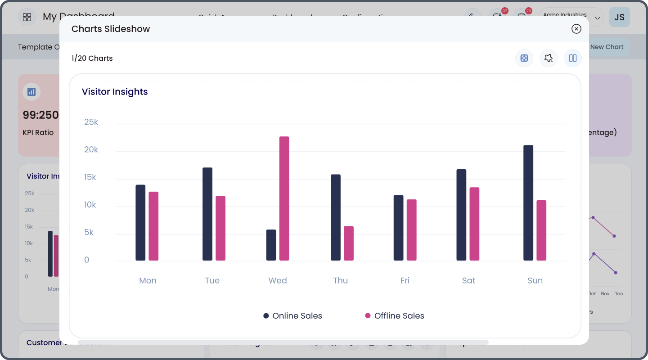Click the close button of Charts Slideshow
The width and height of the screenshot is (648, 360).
(x=576, y=29)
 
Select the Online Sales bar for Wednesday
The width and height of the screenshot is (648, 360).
(x=271, y=245)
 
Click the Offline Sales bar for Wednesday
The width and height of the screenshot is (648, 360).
(x=284, y=198)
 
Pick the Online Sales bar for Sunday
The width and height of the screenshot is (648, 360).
(x=528, y=203)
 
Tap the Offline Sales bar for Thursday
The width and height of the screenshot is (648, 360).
(x=349, y=243)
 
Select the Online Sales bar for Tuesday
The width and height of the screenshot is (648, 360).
(x=207, y=214)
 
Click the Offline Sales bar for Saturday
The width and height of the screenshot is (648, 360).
(x=474, y=224)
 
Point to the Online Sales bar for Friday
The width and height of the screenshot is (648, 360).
(x=398, y=228)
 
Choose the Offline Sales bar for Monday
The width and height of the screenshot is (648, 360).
(x=153, y=226)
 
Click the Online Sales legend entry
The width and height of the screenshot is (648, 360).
(x=293, y=316)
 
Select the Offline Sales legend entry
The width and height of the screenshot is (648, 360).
(x=395, y=316)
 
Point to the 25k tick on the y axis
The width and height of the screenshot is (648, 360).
(x=91, y=122)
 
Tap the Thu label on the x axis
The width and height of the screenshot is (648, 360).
(x=341, y=280)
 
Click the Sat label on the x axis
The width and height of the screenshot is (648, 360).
(x=468, y=280)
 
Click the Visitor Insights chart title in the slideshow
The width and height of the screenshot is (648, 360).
(x=115, y=92)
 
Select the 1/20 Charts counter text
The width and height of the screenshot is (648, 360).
(x=92, y=58)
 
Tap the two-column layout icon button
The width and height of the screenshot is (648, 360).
(x=573, y=58)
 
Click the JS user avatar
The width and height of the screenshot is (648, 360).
(x=619, y=17)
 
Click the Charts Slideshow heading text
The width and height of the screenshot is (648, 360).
(x=111, y=29)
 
